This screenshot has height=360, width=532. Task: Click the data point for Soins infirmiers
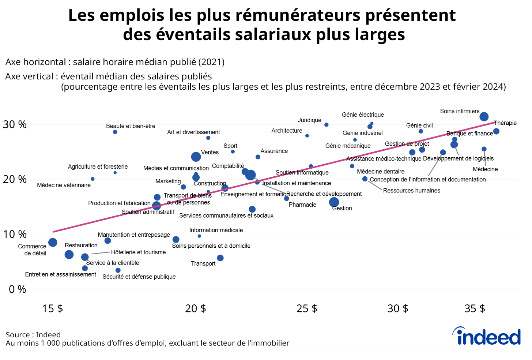[484, 117]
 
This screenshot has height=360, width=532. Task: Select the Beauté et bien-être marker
[115, 132]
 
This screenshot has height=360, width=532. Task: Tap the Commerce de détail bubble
[53, 243]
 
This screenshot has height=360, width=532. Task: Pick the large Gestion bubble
[334, 202]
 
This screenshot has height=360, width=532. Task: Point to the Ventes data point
[196, 157]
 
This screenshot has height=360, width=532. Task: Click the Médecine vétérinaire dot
[93, 179]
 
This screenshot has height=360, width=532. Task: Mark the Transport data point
[220, 258]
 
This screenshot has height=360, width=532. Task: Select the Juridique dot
[327, 125]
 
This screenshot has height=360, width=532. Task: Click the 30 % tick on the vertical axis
[15, 124]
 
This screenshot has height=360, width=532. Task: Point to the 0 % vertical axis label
[17, 289]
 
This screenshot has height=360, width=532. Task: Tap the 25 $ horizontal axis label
[307, 308]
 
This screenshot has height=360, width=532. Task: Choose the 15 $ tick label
[52, 308]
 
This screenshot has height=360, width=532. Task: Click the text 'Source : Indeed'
[33, 335]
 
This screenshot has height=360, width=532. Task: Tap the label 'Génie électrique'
[363, 115]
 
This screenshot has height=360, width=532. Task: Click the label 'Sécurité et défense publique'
[139, 277]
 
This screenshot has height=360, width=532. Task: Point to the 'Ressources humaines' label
[411, 191]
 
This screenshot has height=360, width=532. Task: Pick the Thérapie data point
[496, 131]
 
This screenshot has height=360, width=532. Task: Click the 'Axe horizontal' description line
[115, 62]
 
